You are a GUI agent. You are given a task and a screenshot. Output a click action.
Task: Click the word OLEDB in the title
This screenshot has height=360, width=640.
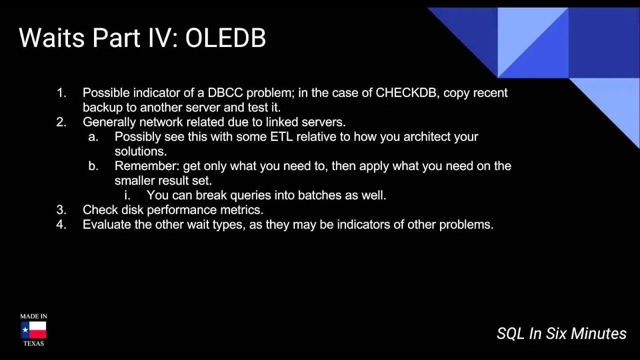coord(225,37)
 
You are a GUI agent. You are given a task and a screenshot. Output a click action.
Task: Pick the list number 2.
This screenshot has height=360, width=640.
coord(61,122)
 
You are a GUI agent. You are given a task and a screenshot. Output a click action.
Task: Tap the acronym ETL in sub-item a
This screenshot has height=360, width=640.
coord(281,136)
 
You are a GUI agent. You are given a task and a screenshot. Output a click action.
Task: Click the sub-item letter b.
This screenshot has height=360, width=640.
coord(93,165)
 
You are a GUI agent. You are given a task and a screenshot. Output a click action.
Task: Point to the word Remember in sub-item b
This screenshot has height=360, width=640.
coord(147,165)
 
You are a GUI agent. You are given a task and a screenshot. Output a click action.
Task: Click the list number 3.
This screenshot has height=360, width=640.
coord(61,209)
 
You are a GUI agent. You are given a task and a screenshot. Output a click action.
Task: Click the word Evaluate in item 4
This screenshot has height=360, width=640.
coord(107,224)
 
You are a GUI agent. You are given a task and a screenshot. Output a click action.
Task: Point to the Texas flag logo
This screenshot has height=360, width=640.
coord(33,330)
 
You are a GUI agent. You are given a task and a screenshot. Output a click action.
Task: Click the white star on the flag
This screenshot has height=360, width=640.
coord(25,330)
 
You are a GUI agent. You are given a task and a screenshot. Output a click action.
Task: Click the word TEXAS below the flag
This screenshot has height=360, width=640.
coord(33,343)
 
